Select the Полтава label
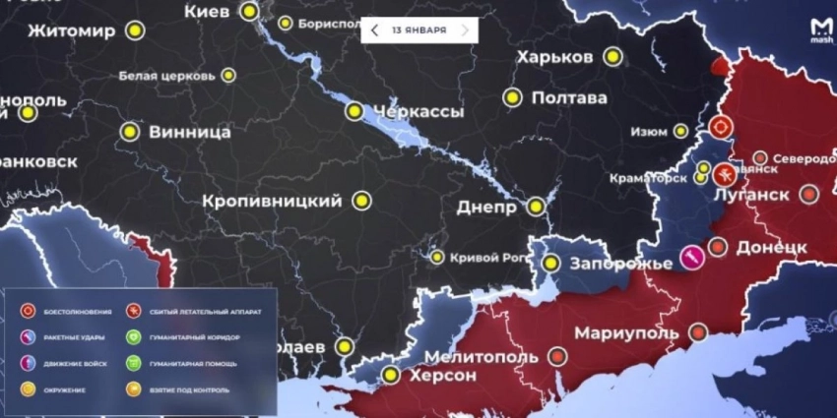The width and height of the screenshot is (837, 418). click(x=569, y=98)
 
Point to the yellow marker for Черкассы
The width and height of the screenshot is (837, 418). click(x=354, y=111)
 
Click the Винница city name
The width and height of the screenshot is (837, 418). click(x=189, y=131)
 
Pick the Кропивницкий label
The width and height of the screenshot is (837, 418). click(x=272, y=201)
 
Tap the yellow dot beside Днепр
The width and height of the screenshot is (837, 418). click(x=536, y=207)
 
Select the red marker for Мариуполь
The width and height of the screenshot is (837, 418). click(x=698, y=332)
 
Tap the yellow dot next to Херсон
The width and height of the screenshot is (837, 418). click(x=391, y=375)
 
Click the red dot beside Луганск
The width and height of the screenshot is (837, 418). click(x=809, y=194)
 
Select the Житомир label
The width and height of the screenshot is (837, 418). click(x=72, y=30)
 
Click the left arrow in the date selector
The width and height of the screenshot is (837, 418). click(x=375, y=30)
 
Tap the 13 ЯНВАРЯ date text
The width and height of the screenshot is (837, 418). click(x=418, y=30)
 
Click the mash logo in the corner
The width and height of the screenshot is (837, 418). click(x=820, y=31)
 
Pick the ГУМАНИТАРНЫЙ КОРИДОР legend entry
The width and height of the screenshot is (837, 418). click(x=194, y=337)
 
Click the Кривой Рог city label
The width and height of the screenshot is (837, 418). click(x=483, y=258)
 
